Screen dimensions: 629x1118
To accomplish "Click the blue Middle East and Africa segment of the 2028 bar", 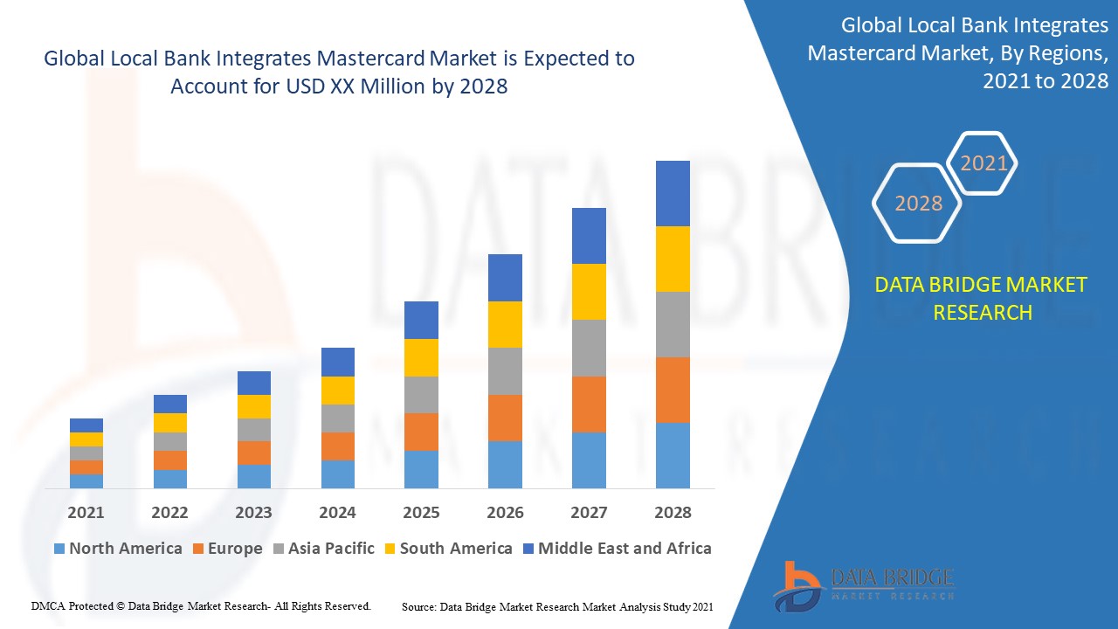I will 673,193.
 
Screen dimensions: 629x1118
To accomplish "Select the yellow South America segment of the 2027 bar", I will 589,291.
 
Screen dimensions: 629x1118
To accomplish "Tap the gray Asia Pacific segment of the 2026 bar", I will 505,371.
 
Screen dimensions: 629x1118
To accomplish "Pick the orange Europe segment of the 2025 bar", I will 421,432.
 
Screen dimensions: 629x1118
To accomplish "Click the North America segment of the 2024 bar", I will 337,473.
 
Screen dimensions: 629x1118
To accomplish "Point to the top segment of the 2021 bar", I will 86,425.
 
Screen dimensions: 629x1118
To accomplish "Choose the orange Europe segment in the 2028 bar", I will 673,390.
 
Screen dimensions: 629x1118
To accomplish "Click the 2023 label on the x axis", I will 253,512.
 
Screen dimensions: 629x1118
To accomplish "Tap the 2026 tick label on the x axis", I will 505,512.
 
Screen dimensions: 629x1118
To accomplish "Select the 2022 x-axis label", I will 169,512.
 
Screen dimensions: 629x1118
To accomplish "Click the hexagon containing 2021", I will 983,163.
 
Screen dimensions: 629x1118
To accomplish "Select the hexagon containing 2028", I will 918,204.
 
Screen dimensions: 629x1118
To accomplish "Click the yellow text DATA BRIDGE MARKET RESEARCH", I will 982,298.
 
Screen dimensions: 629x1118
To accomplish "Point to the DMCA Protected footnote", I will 201,605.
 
